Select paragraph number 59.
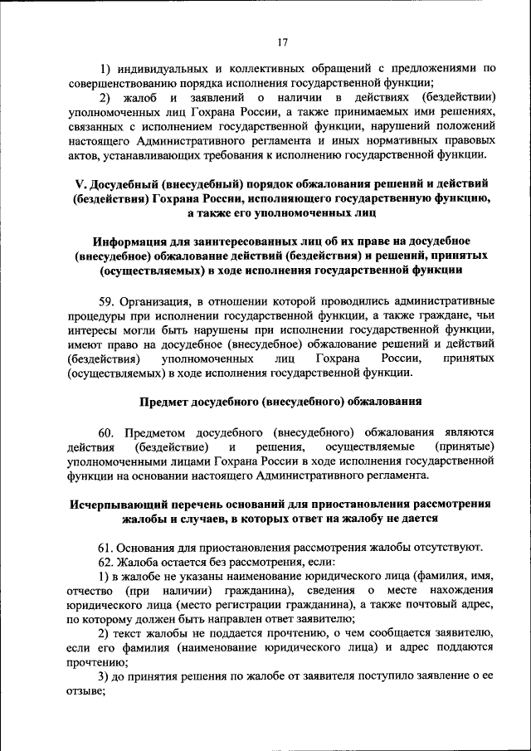point(106,300)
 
